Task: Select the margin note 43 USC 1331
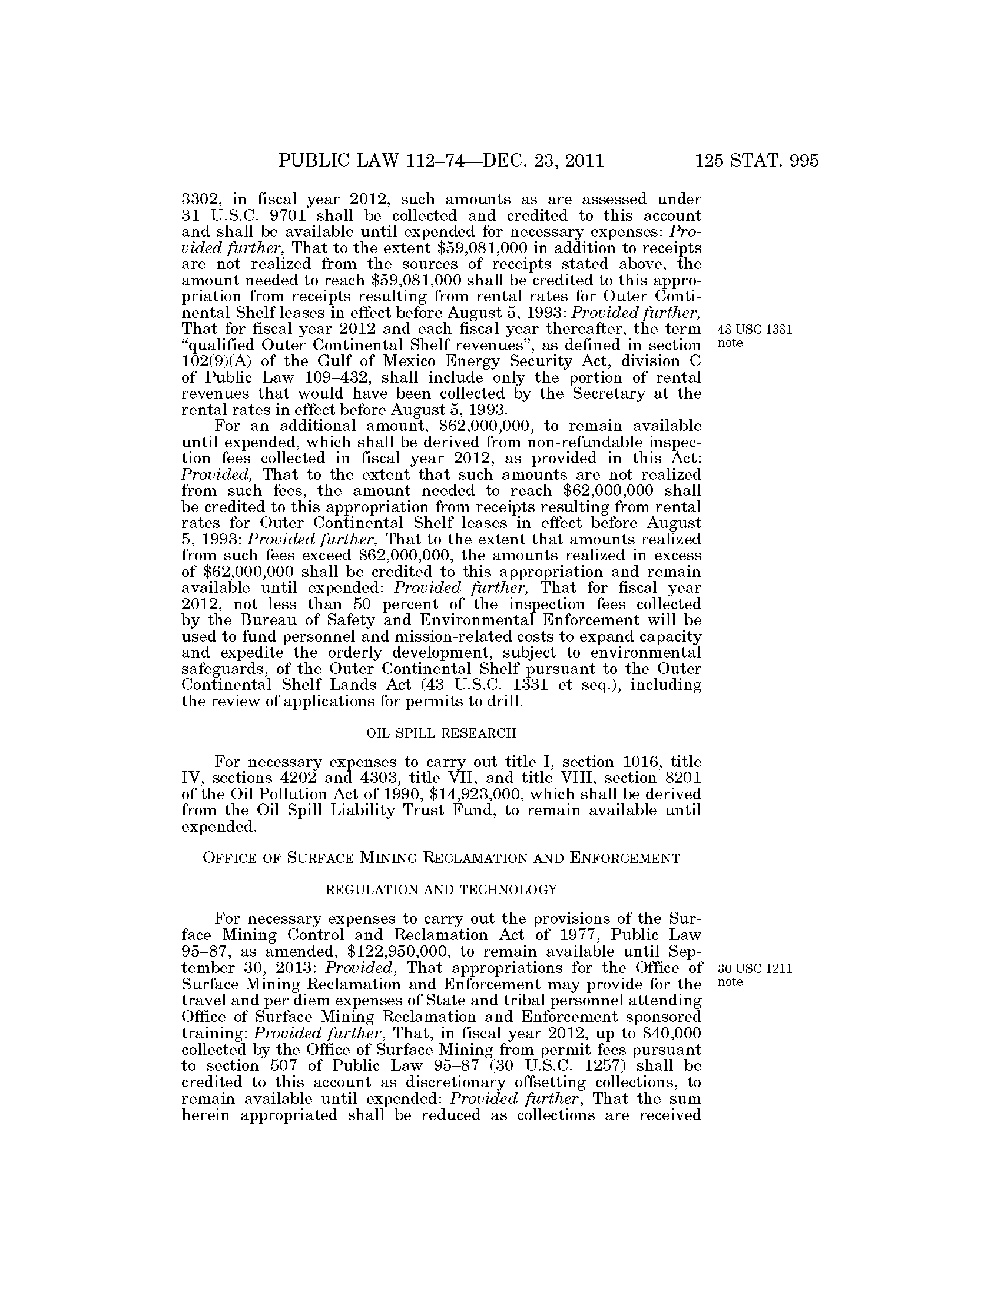pos(755,330)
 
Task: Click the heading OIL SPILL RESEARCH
pos(441,733)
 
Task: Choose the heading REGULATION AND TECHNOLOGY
pos(441,889)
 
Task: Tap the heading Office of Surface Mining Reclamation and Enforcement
pos(441,858)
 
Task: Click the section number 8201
pos(680,778)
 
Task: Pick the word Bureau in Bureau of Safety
pos(265,621)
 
